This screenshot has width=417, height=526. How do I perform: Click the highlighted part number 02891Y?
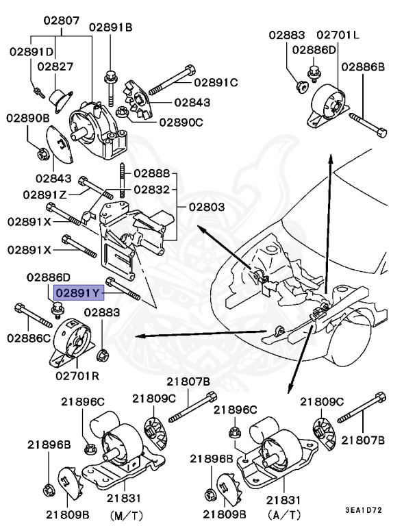79,293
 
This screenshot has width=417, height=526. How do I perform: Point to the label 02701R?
78,376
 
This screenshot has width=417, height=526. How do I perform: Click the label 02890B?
29,118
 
